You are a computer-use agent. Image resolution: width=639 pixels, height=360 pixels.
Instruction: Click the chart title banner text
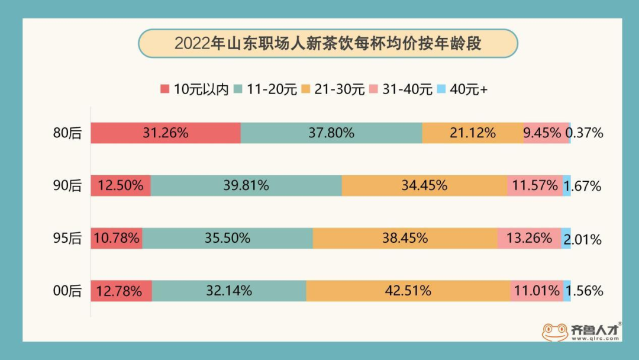point(328,44)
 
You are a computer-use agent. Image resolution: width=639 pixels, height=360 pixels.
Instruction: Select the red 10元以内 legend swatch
point(164,89)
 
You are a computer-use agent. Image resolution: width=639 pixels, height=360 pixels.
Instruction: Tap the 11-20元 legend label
point(272,89)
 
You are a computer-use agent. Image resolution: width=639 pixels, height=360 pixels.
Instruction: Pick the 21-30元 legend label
point(340,89)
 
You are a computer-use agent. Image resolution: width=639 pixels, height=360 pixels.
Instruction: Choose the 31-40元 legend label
point(408,89)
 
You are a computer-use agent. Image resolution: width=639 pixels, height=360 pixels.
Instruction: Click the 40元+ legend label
point(469,89)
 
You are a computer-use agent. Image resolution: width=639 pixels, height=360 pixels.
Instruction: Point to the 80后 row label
point(67,133)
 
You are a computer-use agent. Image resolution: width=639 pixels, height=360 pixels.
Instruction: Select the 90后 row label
point(67,185)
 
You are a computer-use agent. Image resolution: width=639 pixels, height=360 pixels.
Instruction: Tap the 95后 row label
point(67,239)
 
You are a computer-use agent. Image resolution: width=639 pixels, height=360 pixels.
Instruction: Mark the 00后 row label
point(67,291)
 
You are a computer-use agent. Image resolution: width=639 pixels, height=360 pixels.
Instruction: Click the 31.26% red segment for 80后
point(165,133)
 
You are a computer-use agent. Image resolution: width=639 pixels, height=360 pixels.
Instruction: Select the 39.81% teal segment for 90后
point(246,185)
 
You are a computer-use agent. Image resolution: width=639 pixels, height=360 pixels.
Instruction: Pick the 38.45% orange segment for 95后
point(405,239)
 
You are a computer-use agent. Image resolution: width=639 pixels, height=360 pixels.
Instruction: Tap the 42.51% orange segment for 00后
point(408,291)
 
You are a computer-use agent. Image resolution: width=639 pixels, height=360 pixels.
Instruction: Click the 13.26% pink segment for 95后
point(529,239)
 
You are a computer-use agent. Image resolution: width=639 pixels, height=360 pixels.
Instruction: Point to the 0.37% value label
point(585,133)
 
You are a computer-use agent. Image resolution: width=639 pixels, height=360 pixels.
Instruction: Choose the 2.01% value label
point(583,239)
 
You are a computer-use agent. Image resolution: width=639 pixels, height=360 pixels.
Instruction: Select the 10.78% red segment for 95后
point(117,239)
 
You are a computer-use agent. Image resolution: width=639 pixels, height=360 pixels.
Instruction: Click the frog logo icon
point(555,332)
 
